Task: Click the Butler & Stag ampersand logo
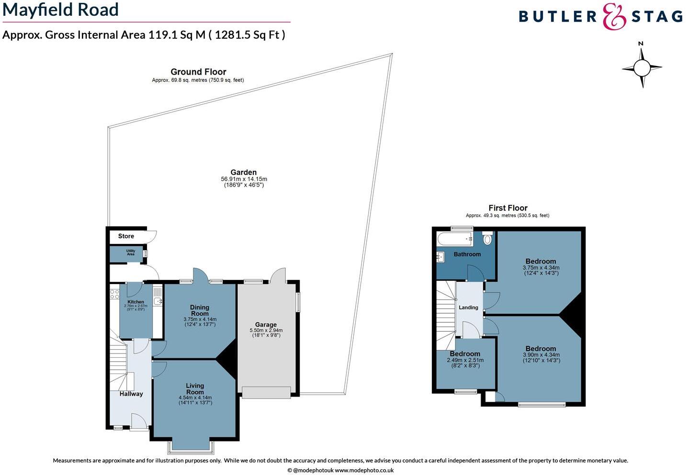(614, 17)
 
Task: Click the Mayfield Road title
(61, 10)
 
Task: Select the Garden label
(244, 172)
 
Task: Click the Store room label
(126, 236)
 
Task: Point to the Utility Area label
(131, 253)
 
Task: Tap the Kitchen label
(135, 302)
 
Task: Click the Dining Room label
(200, 310)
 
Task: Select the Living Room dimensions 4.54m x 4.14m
(195, 398)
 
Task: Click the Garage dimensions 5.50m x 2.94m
(266, 331)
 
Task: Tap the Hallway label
(131, 394)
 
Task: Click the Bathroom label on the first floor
(467, 254)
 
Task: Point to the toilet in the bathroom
(487, 238)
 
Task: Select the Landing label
(468, 308)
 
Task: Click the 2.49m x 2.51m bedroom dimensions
(465, 360)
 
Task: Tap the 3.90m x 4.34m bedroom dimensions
(541, 355)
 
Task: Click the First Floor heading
(508, 208)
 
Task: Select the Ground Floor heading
(198, 72)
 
